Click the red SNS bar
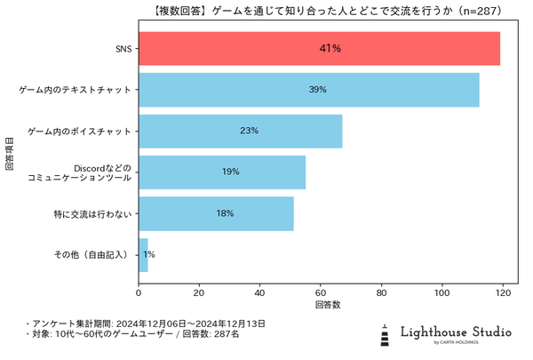[x=320, y=48]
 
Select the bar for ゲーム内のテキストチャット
[x=309, y=90]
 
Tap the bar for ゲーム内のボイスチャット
[x=241, y=131]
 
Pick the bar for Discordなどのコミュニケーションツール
[x=222, y=172]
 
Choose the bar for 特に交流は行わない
[x=216, y=213]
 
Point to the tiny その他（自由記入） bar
[x=143, y=254]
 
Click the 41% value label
[x=330, y=48]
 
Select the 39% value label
[x=318, y=90]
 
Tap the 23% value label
[x=249, y=131]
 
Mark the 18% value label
[x=225, y=213]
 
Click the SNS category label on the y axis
[x=123, y=48]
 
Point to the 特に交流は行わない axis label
[x=92, y=213]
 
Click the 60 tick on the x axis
[x=321, y=291]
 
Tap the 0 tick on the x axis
[x=139, y=291]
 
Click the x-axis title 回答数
[x=328, y=305]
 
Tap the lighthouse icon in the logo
[x=384, y=334]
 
